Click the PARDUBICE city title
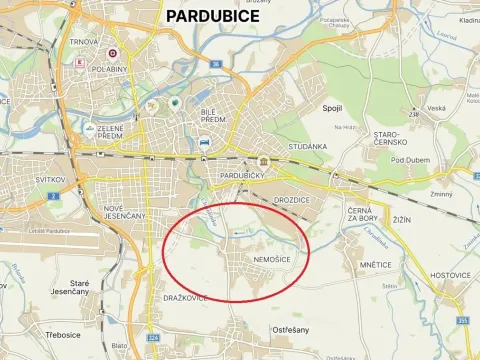pyautogui.click(x=212, y=16)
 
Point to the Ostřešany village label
pyautogui.click(x=291, y=329)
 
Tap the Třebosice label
pyautogui.click(x=62, y=334)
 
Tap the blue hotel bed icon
pyautogui.click(x=204, y=143)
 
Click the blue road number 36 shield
pyautogui.click(x=215, y=65)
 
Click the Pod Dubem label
pyautogui.click(x=410, y=160)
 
